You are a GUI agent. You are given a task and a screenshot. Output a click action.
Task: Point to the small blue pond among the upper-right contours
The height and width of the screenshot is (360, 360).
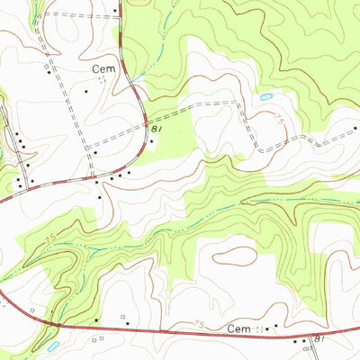(x=265, y=96)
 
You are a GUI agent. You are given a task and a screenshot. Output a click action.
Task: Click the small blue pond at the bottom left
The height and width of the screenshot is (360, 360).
(x=52, y=345)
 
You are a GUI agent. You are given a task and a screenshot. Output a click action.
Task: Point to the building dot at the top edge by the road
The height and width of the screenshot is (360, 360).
(x=116, y=12)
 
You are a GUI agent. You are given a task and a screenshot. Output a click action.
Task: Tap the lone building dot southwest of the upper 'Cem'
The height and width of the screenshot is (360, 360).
(x=86, y=91)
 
